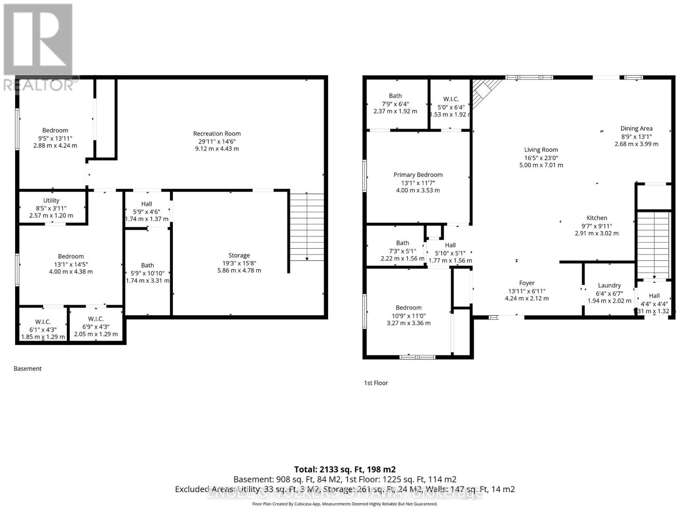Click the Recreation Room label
click(x=217, y=134)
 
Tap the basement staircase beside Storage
click(x=307, y=227)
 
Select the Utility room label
click(x=51, y=200)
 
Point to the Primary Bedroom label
click(x=418, y=175)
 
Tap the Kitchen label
click(x=596, y=218)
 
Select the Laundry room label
click(x=609, y=285)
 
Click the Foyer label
click(x=527, y=283)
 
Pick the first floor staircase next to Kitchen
click(x=654, y=244)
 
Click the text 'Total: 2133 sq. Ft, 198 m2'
click(x=345, y=469)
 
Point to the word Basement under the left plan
click(x=28, y=369)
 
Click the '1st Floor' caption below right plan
click(x=376, y=383)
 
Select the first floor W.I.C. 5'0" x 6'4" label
click(x=451, y=99)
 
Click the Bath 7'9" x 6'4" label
click(x=395, y=96)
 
